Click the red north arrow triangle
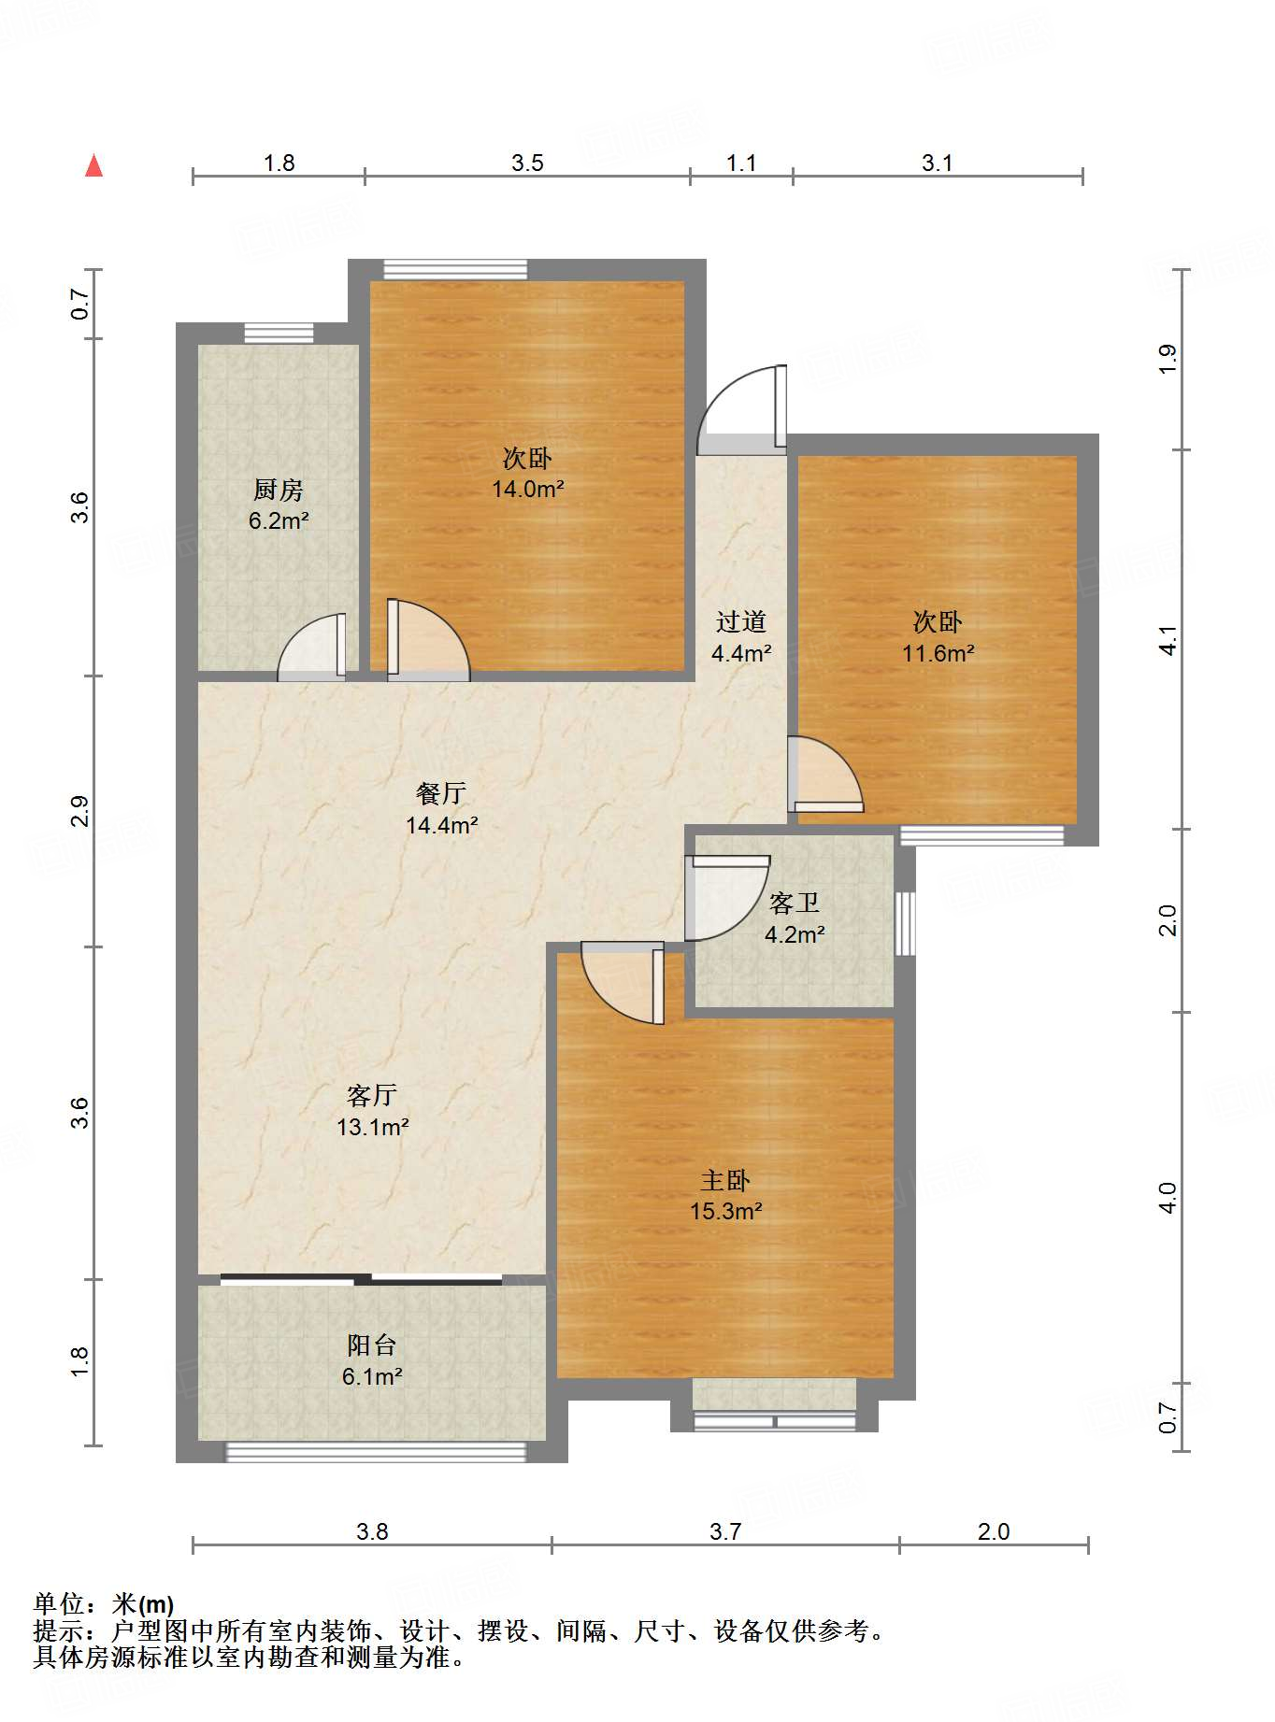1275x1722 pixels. [x=93, y=165]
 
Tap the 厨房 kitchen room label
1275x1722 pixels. [x=279, y=490]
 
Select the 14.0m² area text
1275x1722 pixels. [x=528, y=489]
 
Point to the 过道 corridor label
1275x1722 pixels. [x=741, y=621]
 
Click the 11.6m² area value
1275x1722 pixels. [x=938, y=653]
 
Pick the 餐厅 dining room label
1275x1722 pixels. [x=441, y=793]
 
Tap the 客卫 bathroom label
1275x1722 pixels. [x=795, y=903]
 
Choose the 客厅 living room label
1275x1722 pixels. [x=372, y=1095]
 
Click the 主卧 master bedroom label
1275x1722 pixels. [x=725, y=1180]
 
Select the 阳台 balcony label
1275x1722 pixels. [x=372, y=1345]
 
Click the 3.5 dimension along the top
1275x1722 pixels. [x=527, y=164]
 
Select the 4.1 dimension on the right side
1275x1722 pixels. [x=1168, y=640]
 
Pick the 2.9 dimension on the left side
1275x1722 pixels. [x=79, y=811]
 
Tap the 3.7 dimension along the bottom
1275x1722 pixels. [x=725, y=1531]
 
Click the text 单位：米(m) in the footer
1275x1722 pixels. [x=104, y=1603]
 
